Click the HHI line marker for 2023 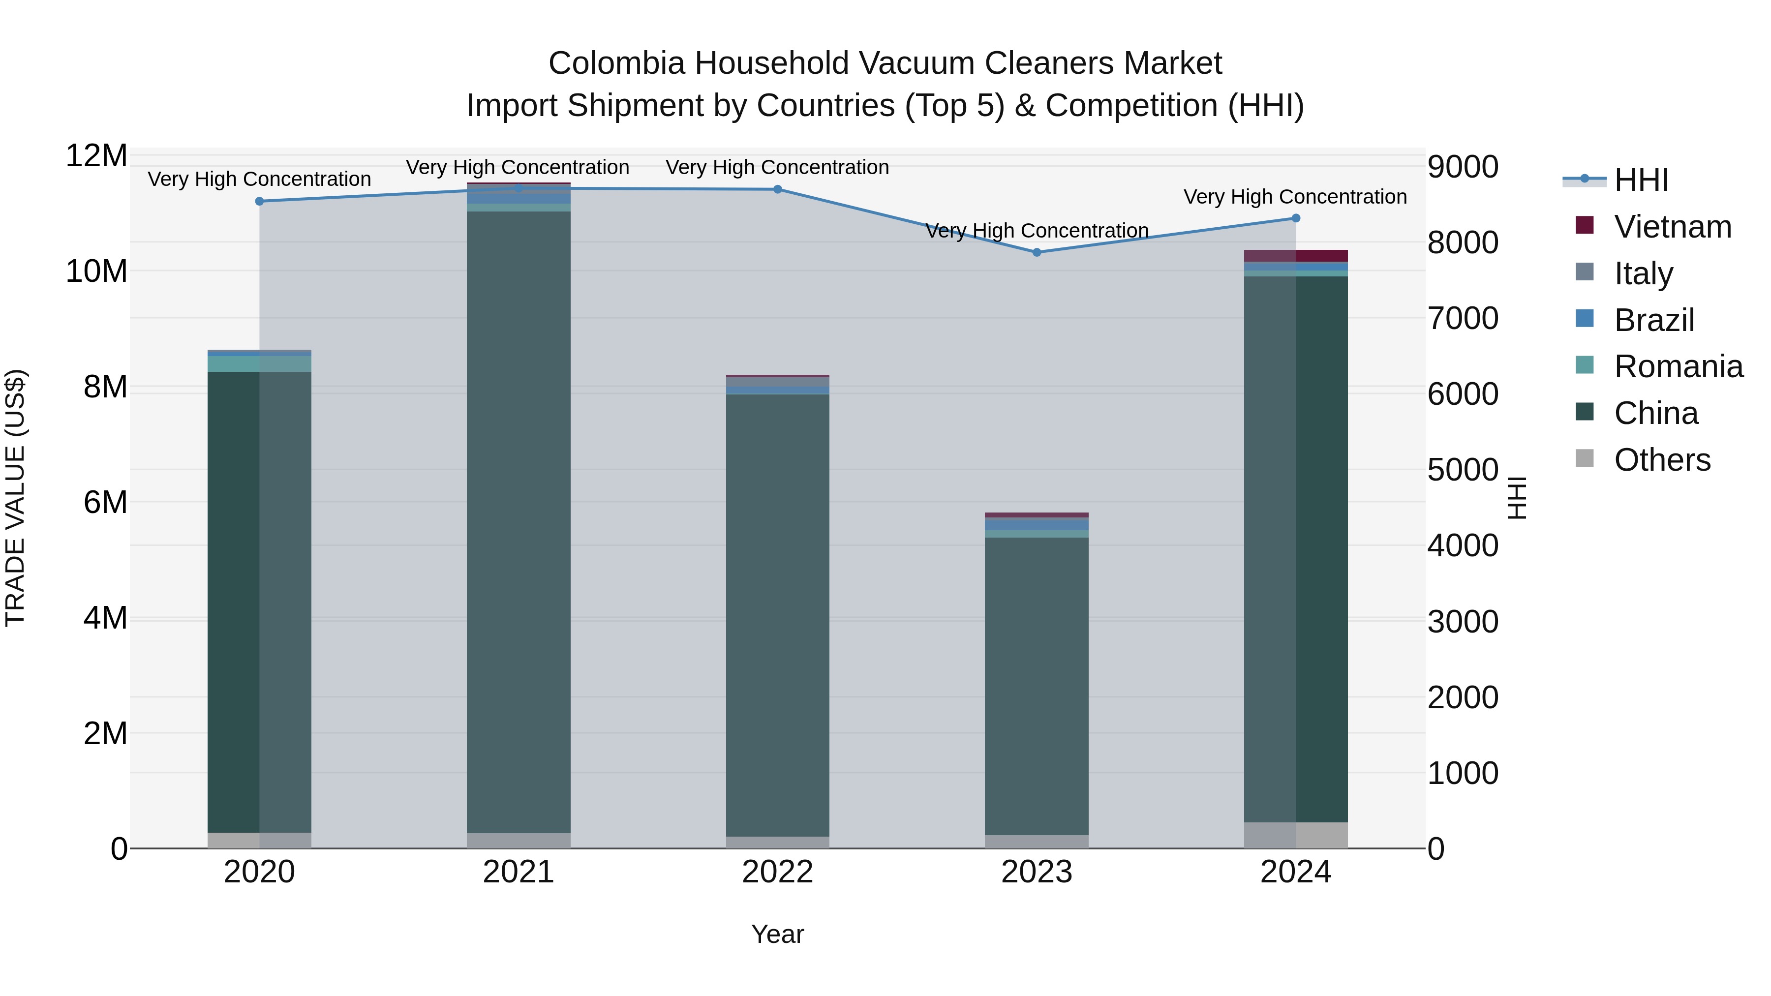pos(1037,252)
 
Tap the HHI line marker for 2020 pos(259,201)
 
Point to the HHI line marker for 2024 pos(1296,218)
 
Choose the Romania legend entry pos(1678,366)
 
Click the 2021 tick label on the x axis pos(519,872)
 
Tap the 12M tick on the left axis pos(96,156)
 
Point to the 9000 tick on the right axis pos(1463,167)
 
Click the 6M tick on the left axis pos(105,503)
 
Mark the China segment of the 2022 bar pos(778,615)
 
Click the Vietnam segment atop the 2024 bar pos(1296,256)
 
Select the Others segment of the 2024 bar pos(1296,835)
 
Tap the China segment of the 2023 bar pos(1037,686)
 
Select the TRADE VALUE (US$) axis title pos(15,498)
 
